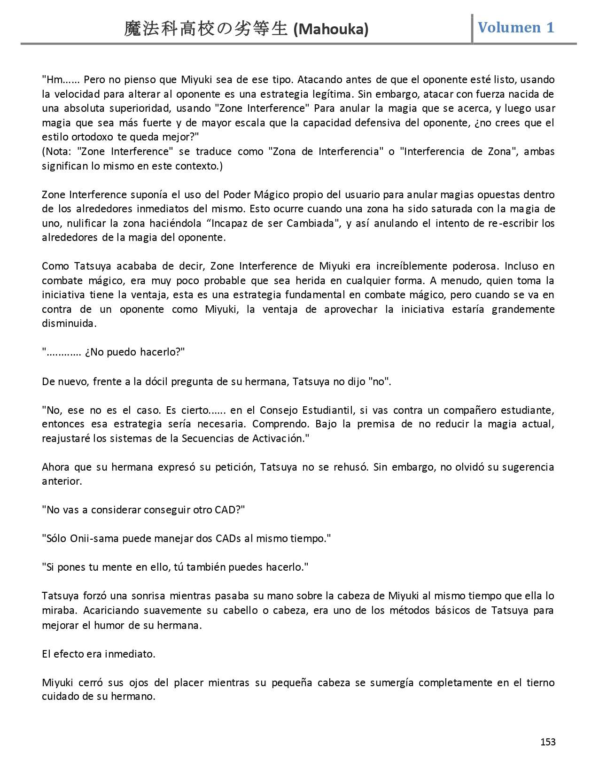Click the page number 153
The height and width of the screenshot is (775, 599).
(548, 742)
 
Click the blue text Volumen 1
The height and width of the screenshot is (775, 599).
(516, 27)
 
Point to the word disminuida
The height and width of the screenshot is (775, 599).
(69, 324)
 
